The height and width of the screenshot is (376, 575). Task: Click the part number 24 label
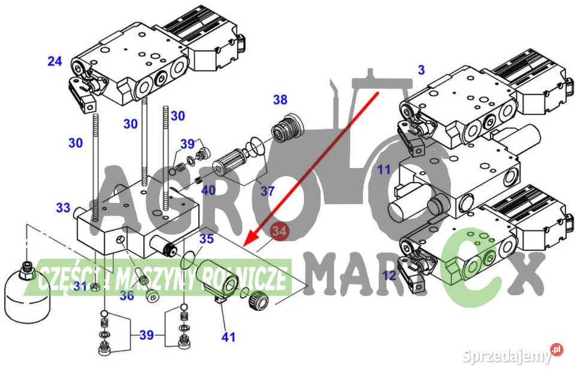[55, 61]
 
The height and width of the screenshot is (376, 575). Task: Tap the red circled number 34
[279, 231]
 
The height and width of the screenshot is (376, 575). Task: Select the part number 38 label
[280, 99]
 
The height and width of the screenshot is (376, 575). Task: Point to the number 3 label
[421, 69]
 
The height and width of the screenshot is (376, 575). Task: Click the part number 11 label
[384, 169]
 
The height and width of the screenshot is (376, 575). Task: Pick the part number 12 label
[389, 275]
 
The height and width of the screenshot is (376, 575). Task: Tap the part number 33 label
[63, 208]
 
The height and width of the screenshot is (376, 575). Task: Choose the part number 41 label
[228, 337]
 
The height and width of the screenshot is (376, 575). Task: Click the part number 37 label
[267, 191]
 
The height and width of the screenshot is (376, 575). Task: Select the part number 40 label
[208, 190]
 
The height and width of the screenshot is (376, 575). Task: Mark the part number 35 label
[207, 239]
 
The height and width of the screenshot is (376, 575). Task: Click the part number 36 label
[127, 295]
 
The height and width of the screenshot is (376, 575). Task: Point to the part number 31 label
[80, 286]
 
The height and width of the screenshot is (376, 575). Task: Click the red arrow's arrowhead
[239, 241]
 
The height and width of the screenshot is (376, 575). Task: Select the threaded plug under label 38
[288, 129]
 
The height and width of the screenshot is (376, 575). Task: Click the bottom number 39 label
[146, 335]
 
